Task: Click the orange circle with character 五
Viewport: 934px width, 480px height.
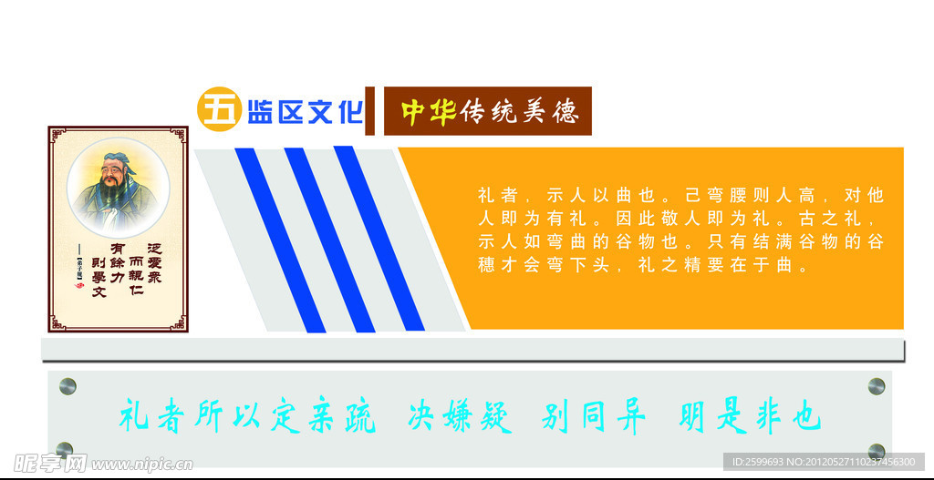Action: pyautogui.click(x=218, y=110)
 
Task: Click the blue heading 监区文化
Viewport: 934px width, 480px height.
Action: pyautogui.click(x=305, y=112)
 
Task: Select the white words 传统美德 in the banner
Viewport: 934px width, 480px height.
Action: pyautogui.click(x=519, y=111)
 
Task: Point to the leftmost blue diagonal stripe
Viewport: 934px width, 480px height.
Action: pyautogui.click(x=279, y=239)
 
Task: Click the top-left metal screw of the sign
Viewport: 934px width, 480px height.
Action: pyautogui.click(x=67, y=385)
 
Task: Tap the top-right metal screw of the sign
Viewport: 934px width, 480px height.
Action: pyautogui.click(x=877, y=385)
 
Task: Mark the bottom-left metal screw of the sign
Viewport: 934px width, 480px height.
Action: pyautogui.click(x=64, y=449)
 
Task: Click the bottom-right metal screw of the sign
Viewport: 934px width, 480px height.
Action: pyautogui.click(x=877, y=451)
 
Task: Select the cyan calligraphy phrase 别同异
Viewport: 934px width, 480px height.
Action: pyautogui.click(x=594, y=418)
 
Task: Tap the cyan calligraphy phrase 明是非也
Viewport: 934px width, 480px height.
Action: pyautogui.click(x=750, y=418)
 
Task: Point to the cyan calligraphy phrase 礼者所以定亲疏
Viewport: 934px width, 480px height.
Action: pyautogui.click(x=247, y=418)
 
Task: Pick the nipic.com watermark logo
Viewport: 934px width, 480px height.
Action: pyautogui.click(x=96, y=463)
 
